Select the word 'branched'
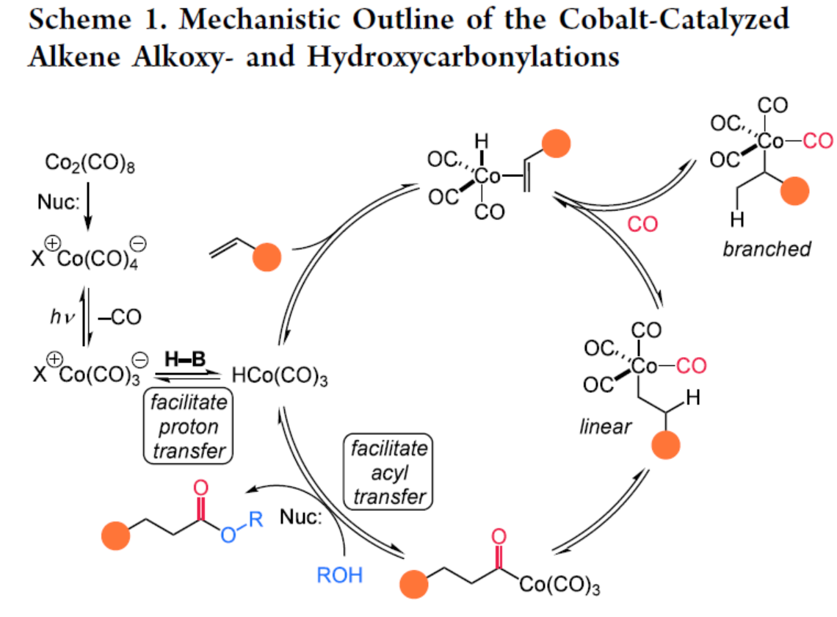tap(767, 249)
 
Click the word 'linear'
tap(605, 427)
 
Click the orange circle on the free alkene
tap(267, 259)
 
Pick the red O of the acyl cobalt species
tap(499, 537)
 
